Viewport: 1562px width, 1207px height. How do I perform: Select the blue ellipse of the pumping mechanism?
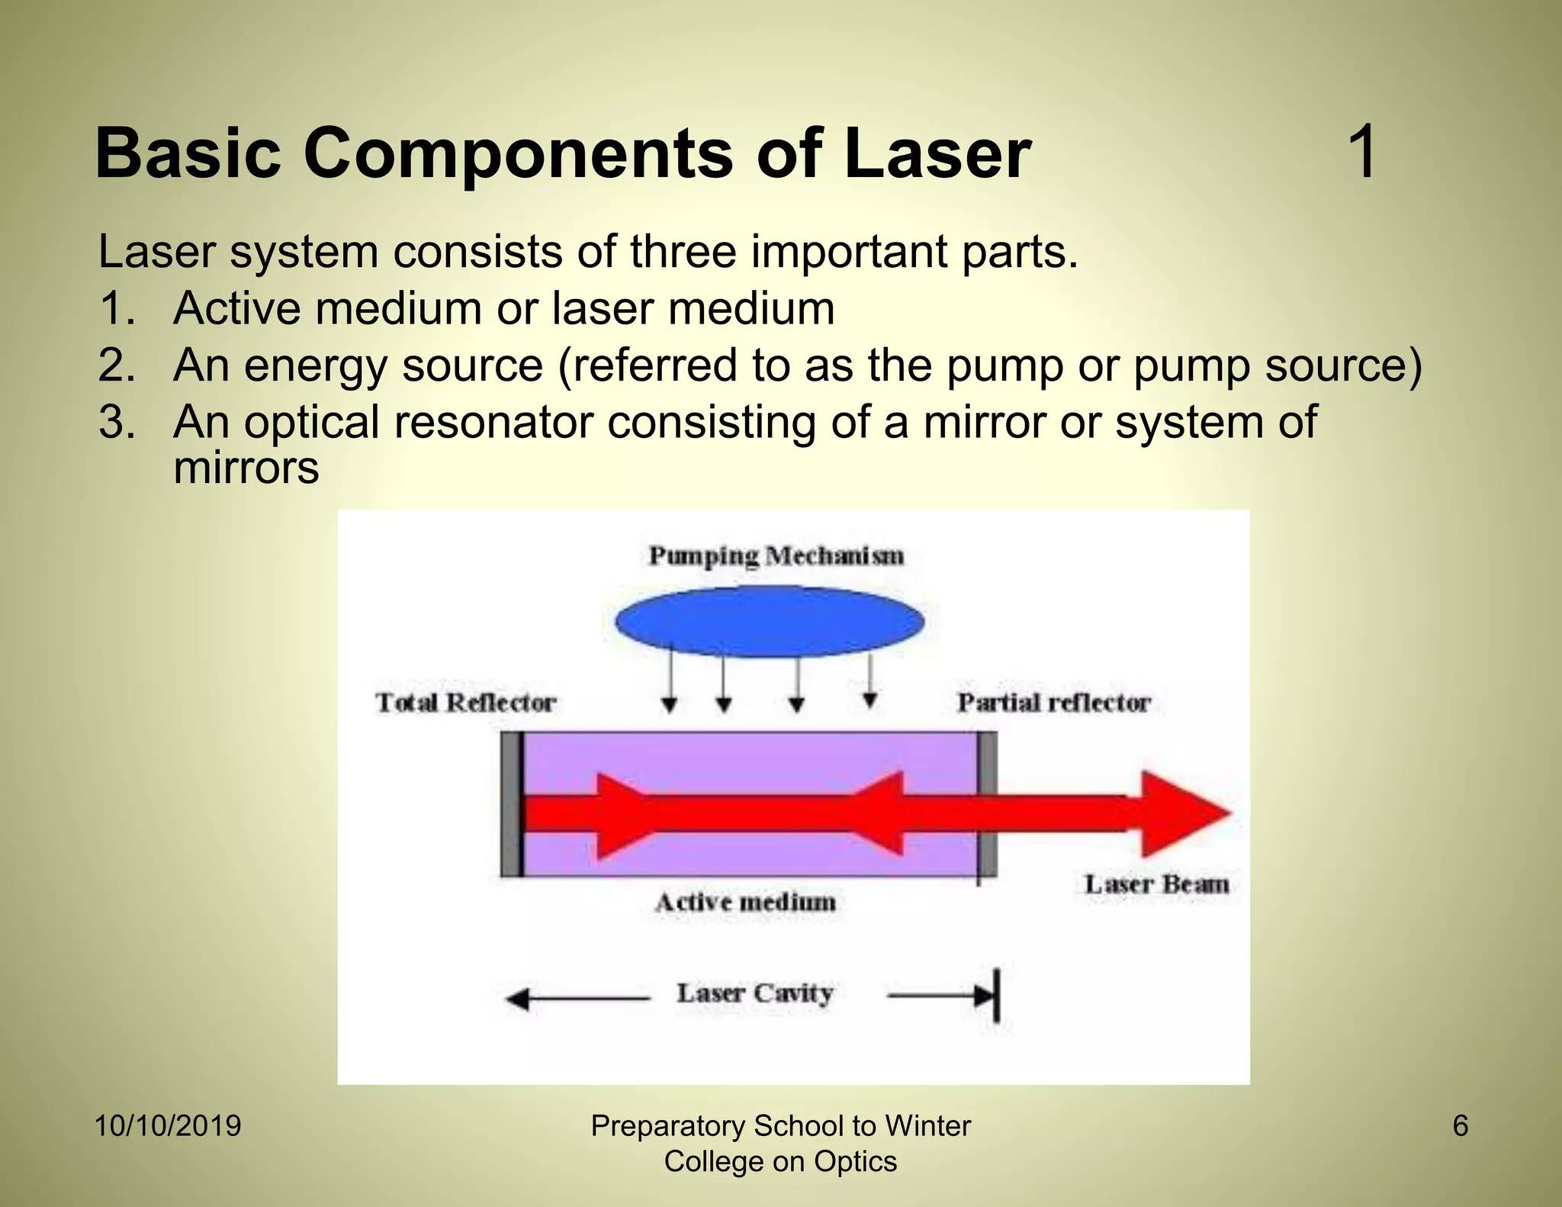[x=769, y=622]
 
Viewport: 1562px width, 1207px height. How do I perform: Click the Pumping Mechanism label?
[x=776, y=555]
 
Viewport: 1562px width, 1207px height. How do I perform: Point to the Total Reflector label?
[x=465, y=702]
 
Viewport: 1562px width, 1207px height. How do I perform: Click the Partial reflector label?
[x=1053, y=702]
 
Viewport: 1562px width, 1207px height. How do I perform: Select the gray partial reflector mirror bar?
[x=987, y=804]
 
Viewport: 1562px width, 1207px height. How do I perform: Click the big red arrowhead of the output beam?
[x=1182, y=813]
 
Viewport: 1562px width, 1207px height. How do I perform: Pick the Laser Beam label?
[x=1156, y=884]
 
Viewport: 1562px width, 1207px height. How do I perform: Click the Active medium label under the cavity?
[x=745, y=903]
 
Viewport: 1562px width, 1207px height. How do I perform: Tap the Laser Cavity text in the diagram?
[x=754, y=993]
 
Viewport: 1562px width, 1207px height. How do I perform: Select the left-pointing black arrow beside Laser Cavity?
[x=576, y=999]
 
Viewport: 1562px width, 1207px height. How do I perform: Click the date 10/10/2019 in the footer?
[x=168, y=1126]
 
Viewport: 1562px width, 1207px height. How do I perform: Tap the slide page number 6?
[x=1460, y=1126]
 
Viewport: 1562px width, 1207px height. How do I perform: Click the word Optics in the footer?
[x=855, y=1162]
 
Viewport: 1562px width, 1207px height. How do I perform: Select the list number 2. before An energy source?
[x=117, y=365]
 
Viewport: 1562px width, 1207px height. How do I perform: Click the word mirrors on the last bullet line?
[x=246, y=468]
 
